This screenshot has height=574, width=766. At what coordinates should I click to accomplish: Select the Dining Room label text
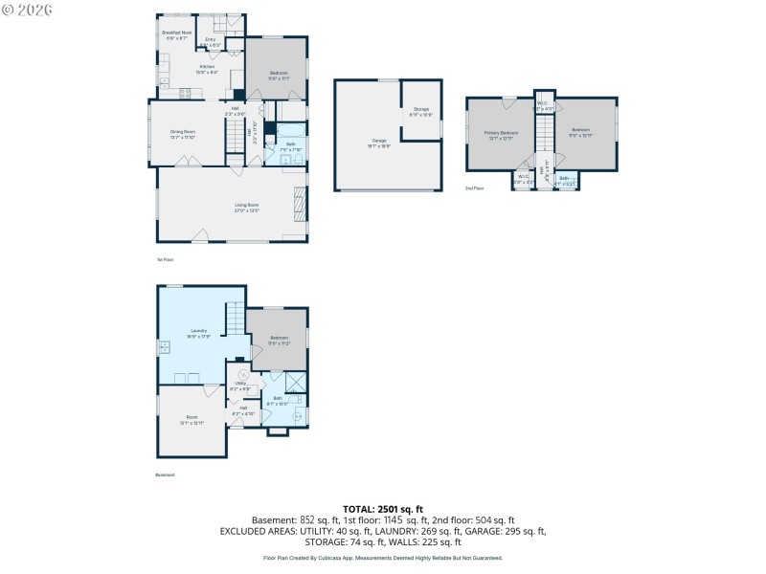pos(183,132)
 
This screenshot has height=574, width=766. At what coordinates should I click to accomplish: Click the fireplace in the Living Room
pos(299,203)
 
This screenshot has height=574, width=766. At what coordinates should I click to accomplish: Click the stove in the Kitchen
pos(187,93)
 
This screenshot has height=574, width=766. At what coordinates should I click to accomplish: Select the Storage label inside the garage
pos(422,111)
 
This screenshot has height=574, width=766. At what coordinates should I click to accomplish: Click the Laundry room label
pos(198,331)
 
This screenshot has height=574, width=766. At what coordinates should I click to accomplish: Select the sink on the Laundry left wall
pos(163,346)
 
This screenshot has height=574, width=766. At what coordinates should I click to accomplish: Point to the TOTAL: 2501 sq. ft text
pos(382,509)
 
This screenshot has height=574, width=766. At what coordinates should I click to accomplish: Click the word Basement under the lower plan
pos(165,475)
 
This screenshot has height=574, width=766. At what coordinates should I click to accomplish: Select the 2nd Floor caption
pos(475,188)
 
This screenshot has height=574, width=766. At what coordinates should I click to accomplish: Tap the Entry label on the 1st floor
pos(210,40)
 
